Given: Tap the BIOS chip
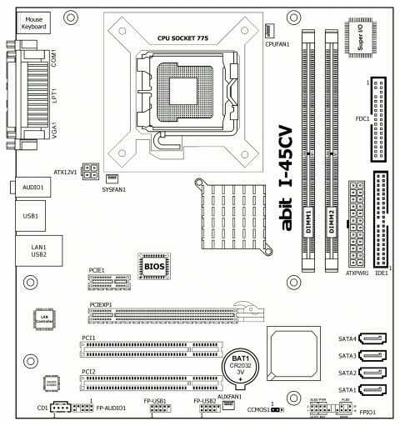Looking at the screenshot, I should pyautogui.click(x=154, y=267).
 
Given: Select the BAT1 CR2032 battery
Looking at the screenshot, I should pyautogui.click(x=241, y=365).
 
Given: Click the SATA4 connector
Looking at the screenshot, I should pyautogui.click(x=372, y=338).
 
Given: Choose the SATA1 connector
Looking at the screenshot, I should pyautogui.click(x=372, y=389).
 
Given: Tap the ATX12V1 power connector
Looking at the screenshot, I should pyautogui.click(x=92, y=173).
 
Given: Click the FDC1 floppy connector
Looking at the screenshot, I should pyautogui.click(x=379, y=122).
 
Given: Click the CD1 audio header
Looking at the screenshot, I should pyautogui.click(x=60, y=408).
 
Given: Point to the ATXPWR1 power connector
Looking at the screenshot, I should pyautogui.click(x=355, y=225).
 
